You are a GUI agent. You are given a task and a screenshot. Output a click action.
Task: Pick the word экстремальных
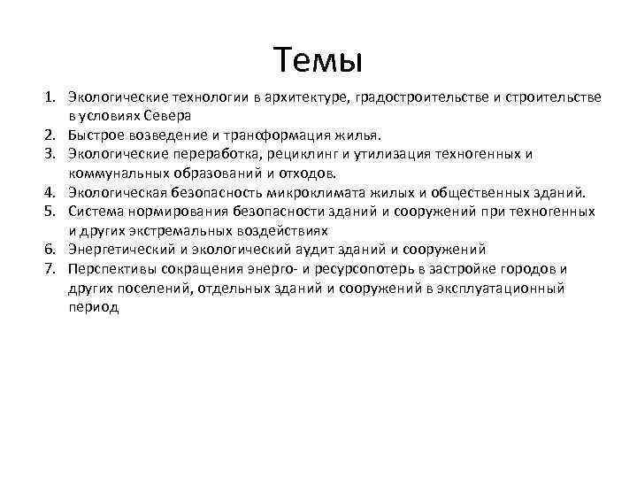(169, 231)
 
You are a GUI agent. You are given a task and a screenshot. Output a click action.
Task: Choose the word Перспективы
(112, 269)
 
